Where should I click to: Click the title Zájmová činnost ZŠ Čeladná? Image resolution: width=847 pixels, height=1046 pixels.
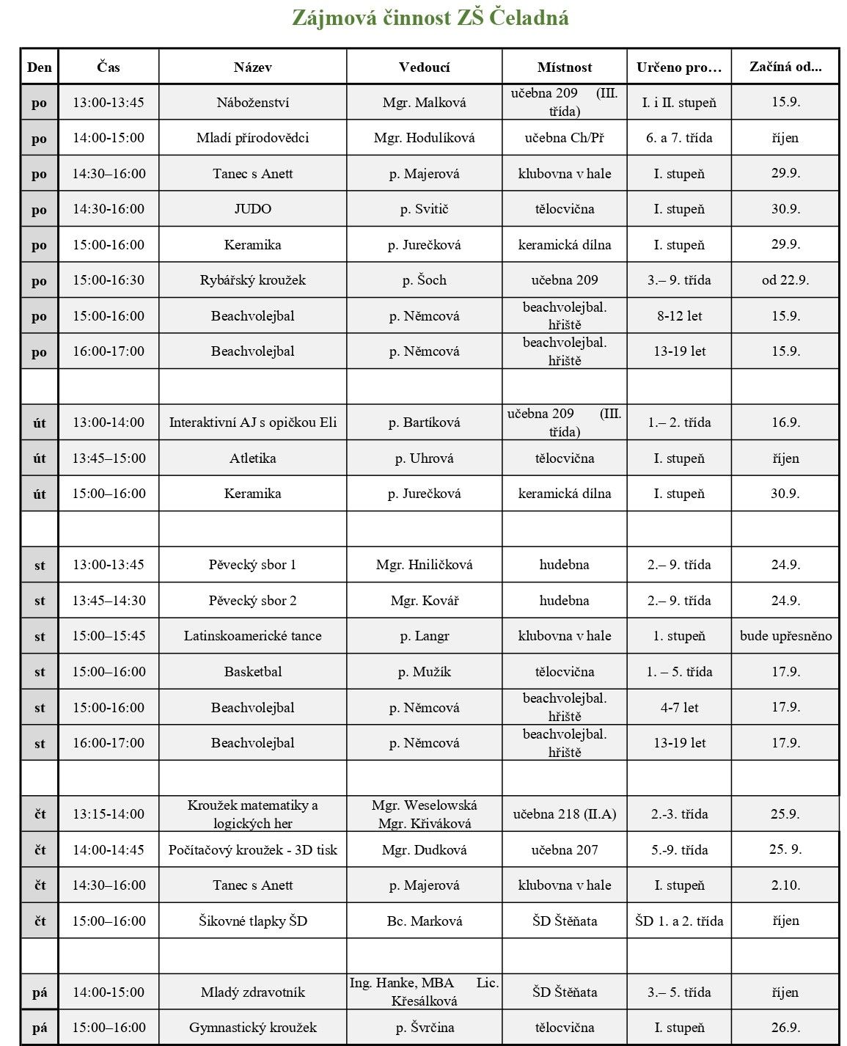click(430, 18)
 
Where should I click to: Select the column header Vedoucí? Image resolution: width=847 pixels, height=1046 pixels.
click(424, 67)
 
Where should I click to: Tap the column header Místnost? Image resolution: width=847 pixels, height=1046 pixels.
click(564, 67)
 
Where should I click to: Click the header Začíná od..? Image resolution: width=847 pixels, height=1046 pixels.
click(785, 67)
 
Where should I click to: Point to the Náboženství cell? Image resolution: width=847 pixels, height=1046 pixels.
click(252, 103)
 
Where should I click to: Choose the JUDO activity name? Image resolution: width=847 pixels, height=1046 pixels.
click(252, 209)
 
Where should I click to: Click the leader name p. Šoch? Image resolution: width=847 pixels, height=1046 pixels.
click(424, 280)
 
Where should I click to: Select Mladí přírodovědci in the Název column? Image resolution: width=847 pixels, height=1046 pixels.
click(252, 138)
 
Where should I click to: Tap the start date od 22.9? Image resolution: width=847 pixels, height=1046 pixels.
click(785, 280)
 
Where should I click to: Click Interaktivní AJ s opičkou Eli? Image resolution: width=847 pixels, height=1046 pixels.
click(252, 423)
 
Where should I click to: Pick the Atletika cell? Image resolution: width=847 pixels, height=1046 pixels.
click(252, 458)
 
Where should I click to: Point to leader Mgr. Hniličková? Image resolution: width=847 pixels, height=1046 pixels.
click(424, 565)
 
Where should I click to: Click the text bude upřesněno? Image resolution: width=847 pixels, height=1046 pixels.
click(785, 636)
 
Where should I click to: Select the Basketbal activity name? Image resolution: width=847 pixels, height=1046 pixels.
click(252, 672)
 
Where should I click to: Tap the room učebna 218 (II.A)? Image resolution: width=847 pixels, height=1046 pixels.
click(564, 814)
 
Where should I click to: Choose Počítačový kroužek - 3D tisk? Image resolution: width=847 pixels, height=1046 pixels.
click(252, 850)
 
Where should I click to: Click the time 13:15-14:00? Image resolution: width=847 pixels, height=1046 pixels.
click(109, 814)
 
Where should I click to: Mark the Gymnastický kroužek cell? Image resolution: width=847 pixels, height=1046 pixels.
click(252, 1028)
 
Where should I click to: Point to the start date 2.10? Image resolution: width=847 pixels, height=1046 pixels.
click(785, 885)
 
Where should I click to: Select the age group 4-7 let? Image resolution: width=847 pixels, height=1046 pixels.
click(679, 708)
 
